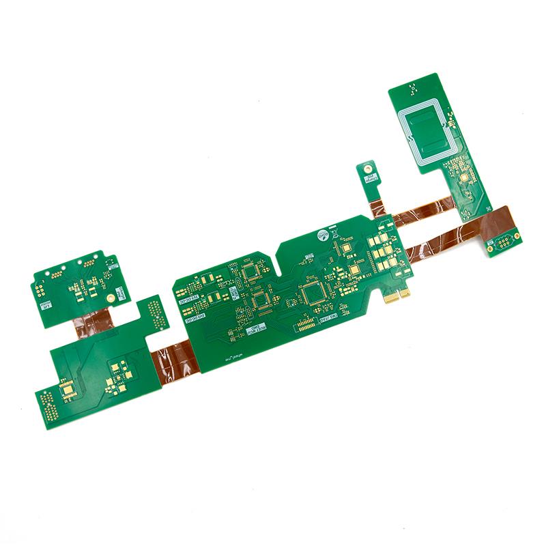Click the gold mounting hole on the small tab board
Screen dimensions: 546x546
(367, 167)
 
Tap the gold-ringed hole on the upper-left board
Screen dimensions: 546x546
(110, 299)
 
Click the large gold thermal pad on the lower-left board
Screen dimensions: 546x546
(68, 390)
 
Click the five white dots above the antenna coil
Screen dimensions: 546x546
(412, 88)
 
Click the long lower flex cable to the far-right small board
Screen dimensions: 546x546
(450, 235)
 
